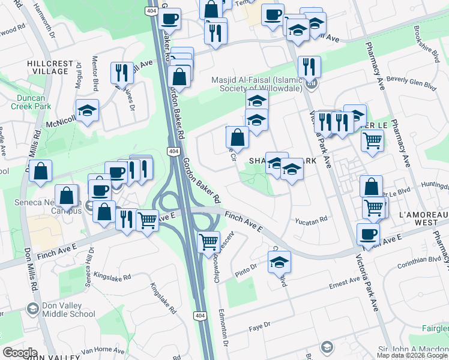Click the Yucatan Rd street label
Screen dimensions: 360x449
point(311,220)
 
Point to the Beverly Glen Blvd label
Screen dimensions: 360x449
point(411,82)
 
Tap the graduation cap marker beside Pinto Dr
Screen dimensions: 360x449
point(279,262)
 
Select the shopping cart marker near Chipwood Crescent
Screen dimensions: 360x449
point(208,242)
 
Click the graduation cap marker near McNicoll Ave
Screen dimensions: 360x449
point(88,111)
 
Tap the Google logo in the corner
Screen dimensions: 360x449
point(20,353)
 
